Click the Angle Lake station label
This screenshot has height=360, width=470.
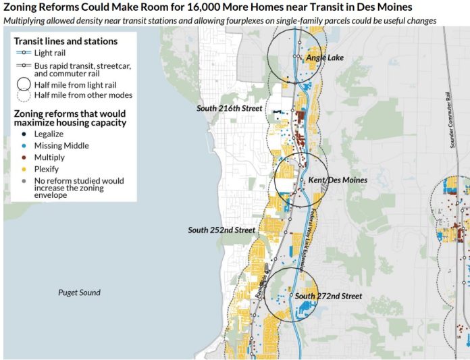[325, 58]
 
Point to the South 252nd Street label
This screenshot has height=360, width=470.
[221, 230]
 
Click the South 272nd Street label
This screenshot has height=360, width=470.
[329, 296]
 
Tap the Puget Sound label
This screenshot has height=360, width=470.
[79, 292]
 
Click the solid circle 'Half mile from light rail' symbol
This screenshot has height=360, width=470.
[24, 84]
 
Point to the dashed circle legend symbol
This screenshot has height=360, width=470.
[24, 95]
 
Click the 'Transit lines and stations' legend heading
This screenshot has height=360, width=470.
[66, 41]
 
